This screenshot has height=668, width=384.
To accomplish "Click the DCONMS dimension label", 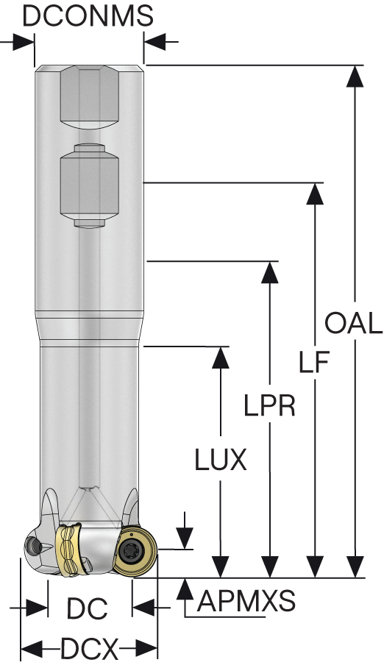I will (88, 15).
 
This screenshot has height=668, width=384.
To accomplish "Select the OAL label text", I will (354, 323).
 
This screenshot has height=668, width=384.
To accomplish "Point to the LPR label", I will (270, 405).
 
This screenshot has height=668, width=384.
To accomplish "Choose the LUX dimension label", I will (220, 461).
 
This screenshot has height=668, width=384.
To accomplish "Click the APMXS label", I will (246, 603).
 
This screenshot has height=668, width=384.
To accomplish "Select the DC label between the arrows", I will (88, 609).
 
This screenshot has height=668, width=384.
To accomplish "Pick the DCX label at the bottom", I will (89, 649).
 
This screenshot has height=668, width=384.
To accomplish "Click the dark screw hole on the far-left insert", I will (32, 545).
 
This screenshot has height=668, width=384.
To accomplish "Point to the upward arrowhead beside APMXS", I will (186, 589).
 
